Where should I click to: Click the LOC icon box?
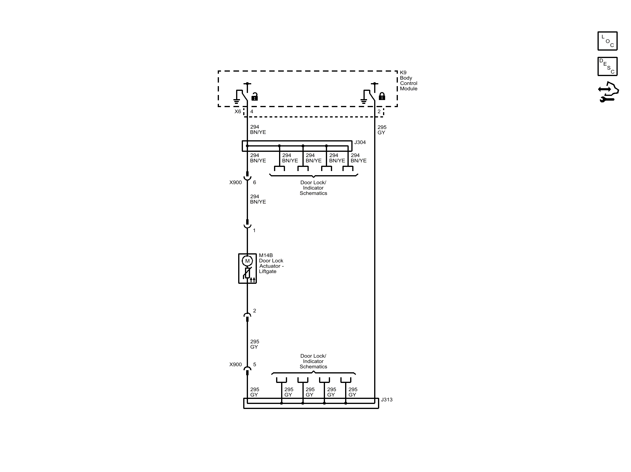click(x=607, y=41)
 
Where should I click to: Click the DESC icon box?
click(x=607, y=66)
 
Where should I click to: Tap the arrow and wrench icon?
click(x=608, y=92)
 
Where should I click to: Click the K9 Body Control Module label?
click(x=409, y=80)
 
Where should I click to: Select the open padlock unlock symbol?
click(x=254, y=96)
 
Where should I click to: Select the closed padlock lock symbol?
click(x=382, y=96)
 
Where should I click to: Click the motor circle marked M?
click(x=247, y=261)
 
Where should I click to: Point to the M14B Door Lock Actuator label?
click(x=271, y=263)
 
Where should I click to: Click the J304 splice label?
click(x=360, y=142)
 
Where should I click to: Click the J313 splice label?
click(x=387, y=400)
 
